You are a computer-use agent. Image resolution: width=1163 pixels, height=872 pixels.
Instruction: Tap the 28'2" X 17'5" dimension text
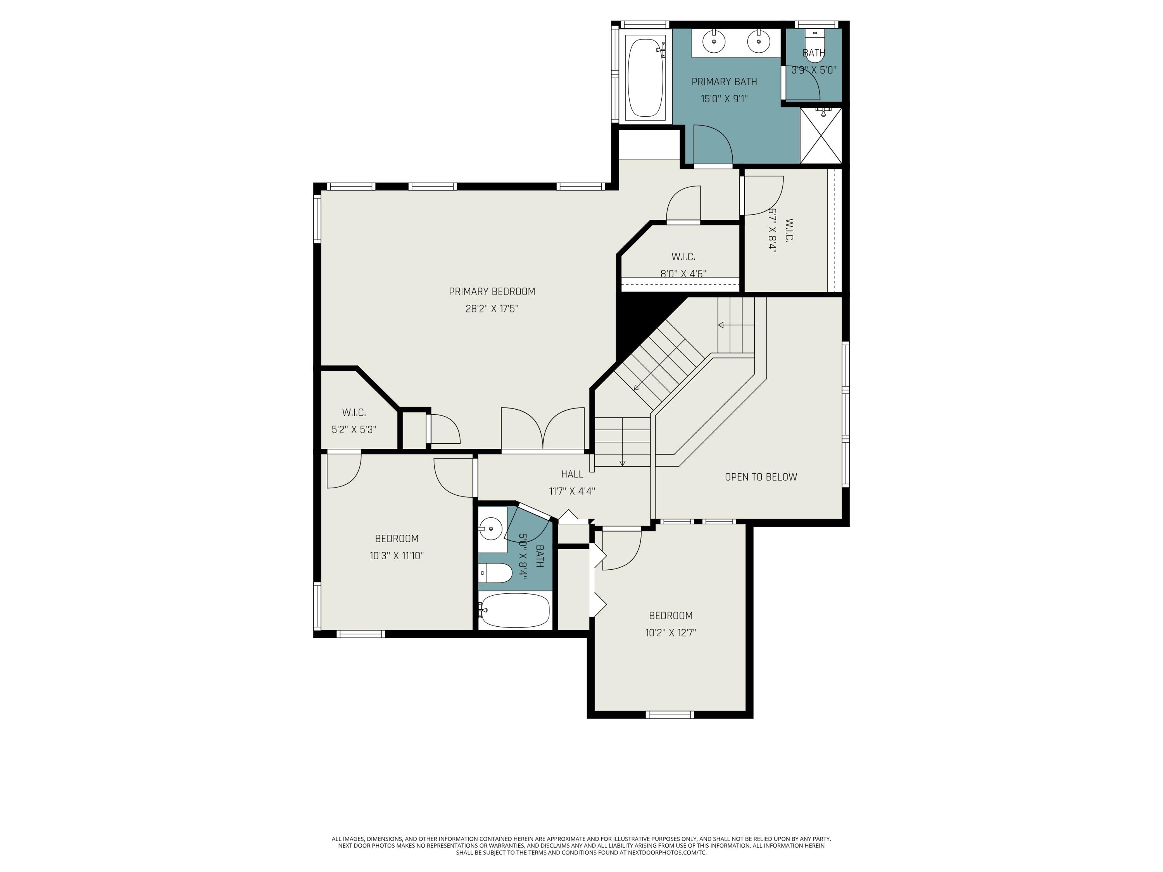click(x=492, y=308)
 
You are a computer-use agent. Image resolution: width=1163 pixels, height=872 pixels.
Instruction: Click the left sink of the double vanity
click(x=714, y=41)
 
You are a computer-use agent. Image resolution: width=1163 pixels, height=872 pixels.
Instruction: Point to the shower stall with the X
click(x=821, y=136)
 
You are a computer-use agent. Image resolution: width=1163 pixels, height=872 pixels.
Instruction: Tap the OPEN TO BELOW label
click(x=760, y=477)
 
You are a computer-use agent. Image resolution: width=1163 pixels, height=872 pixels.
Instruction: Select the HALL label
click(x=571, y=474)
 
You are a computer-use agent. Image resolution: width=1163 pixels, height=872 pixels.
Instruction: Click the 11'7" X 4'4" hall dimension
click(x=571, y=491)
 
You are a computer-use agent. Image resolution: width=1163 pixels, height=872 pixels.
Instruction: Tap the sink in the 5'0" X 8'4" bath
click(x=492, y=528)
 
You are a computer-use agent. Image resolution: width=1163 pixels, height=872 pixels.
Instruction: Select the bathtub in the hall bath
click(x=515, y=610)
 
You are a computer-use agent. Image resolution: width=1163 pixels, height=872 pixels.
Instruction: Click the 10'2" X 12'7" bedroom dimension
click(x=670, y=633)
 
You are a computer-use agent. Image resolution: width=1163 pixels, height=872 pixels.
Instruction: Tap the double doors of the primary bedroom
click(x=543, y=430)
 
